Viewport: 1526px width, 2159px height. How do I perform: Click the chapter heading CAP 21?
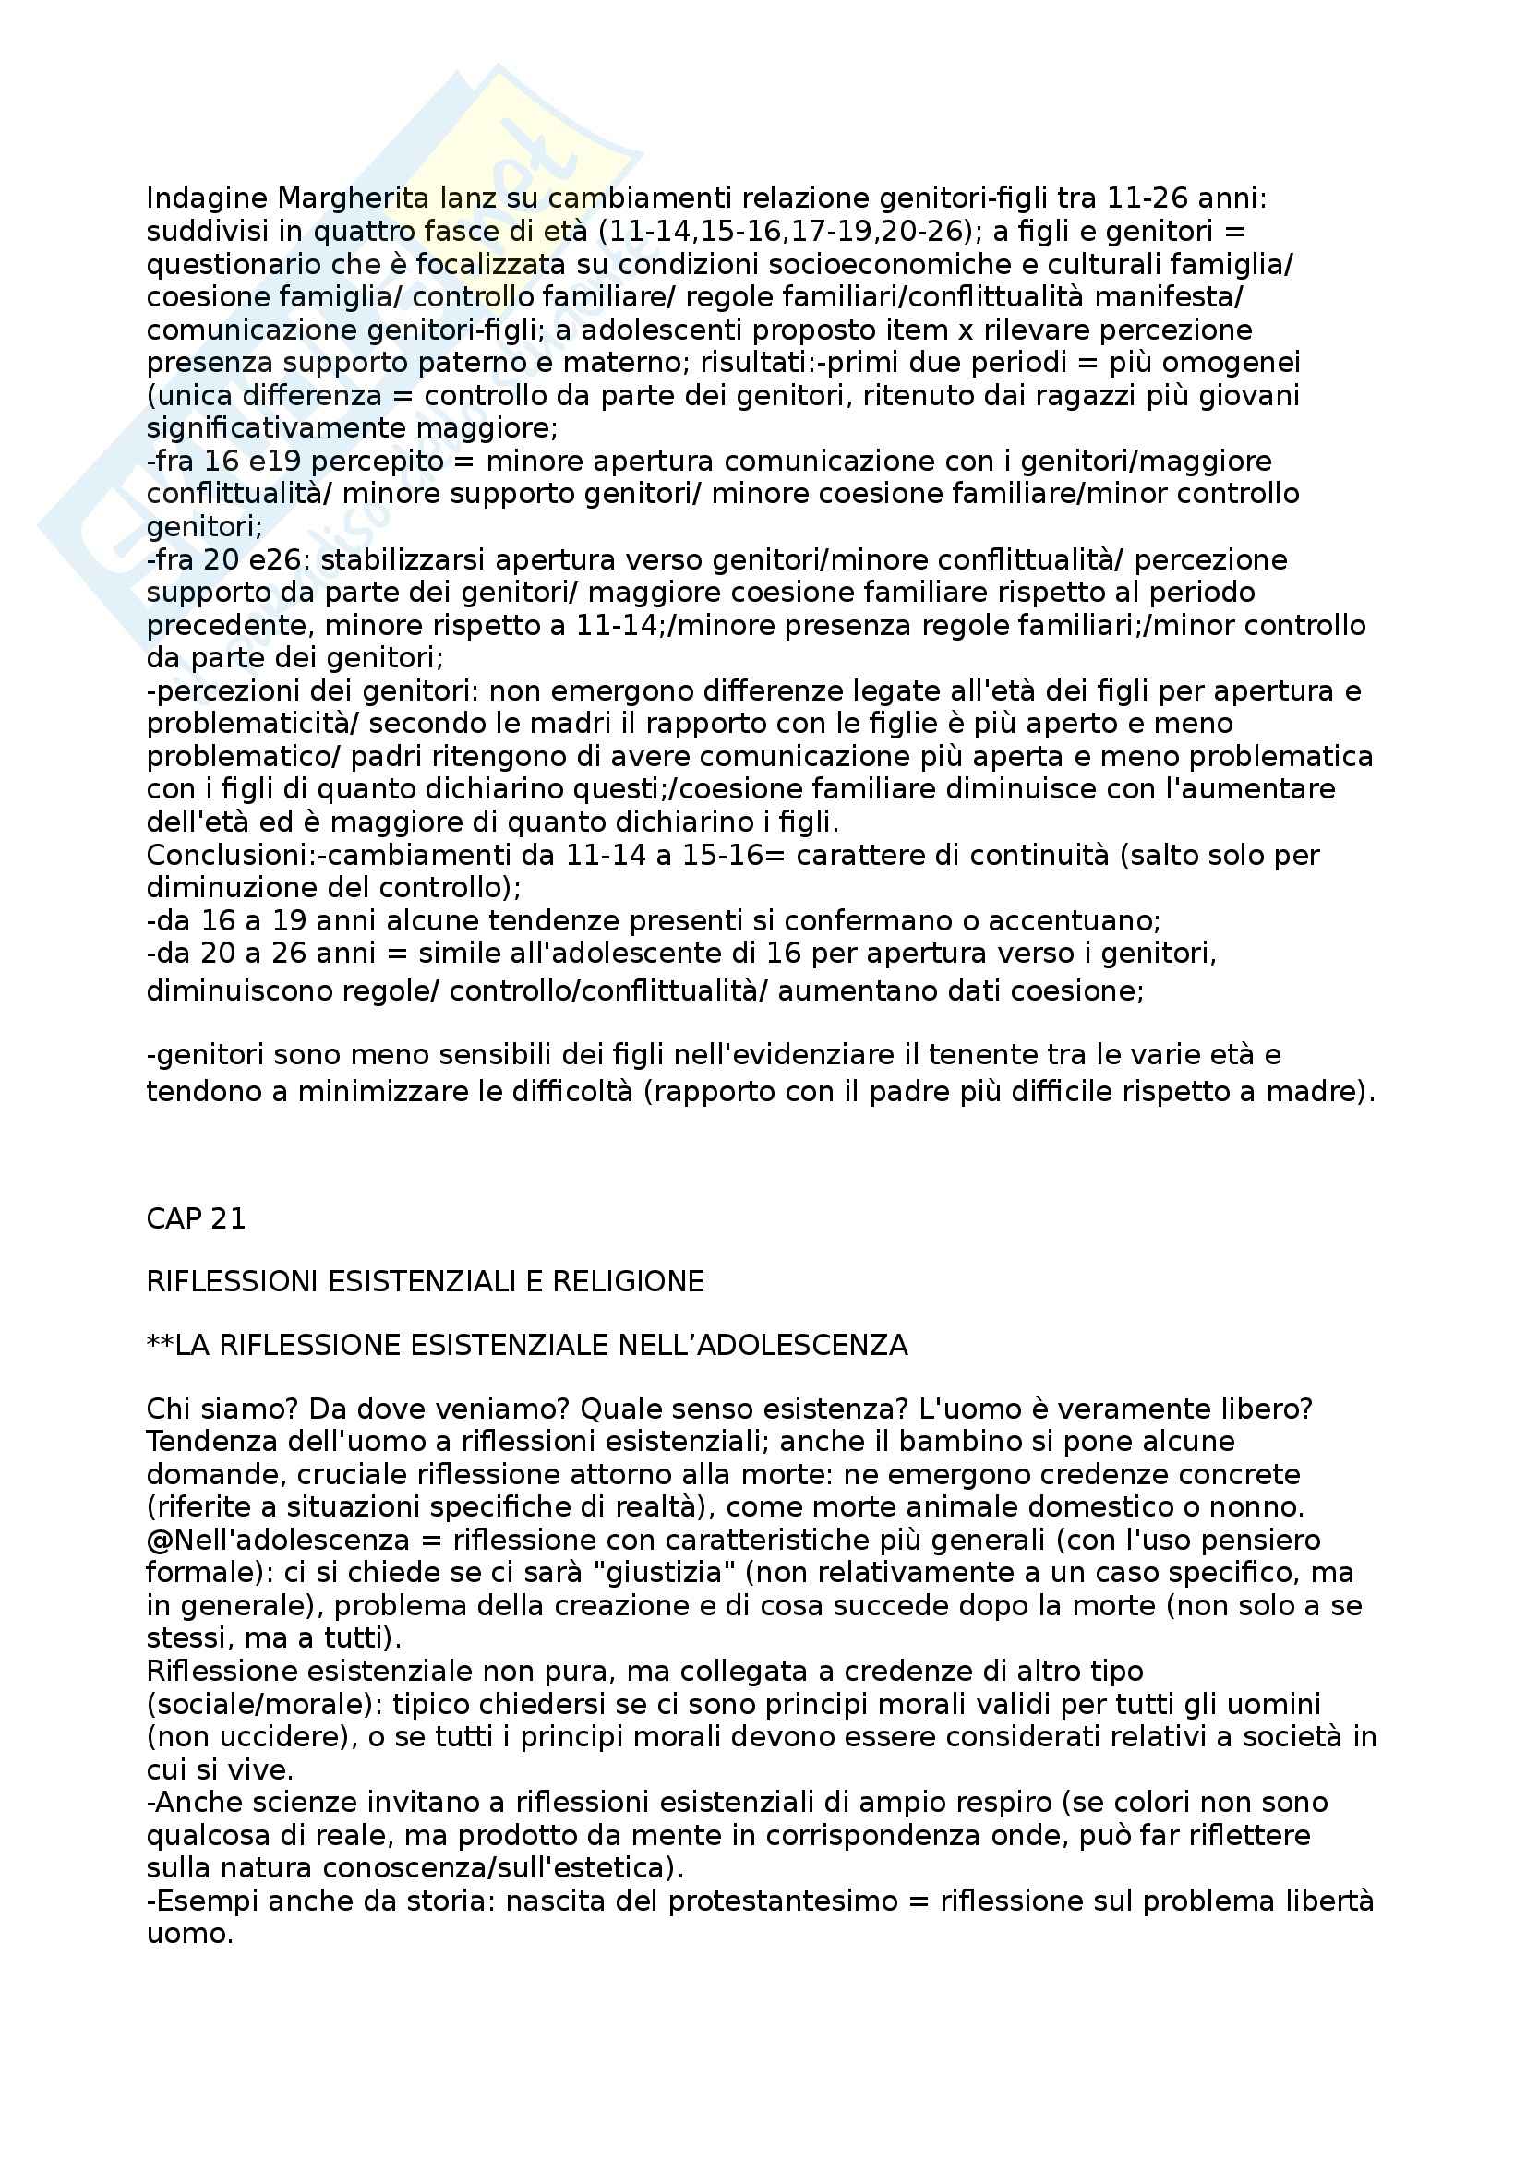pyautogui.click(x=196, y=1218)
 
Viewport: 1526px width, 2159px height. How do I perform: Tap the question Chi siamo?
pyautogui.click(x=221, y=1409)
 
